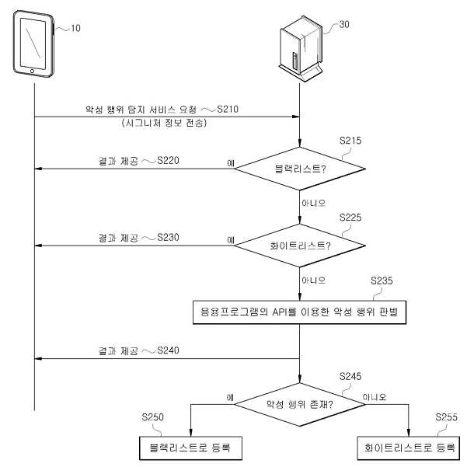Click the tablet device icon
click(x=33, y=44)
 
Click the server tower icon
click(x=301, y=48)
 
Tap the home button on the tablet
click(x=32, y=71)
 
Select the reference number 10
click(x=75, y=28)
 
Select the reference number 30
click(x=344, y=24)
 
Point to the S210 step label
click(x=228, y=110)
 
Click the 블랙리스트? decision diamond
click(x=300, y=169)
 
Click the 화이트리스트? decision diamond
click(x=300, y=246)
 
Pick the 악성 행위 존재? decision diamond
click(x=300, y=405)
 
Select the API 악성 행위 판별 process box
click(x=300, y=312)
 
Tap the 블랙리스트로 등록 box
click(x=190, y=448)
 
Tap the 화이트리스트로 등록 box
click(x=408, y=448)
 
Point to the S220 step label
click(x=168, y=161)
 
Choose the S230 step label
click(x=168, y=237)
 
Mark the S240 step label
click(x=168, y=350)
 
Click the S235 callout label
click(x=382, y=281)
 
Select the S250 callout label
click(x=153, y=417)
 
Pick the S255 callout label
click(x=447, y=417)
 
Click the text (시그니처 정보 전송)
click(x=164, y=123)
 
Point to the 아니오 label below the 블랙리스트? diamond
click(x=314, y=203)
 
